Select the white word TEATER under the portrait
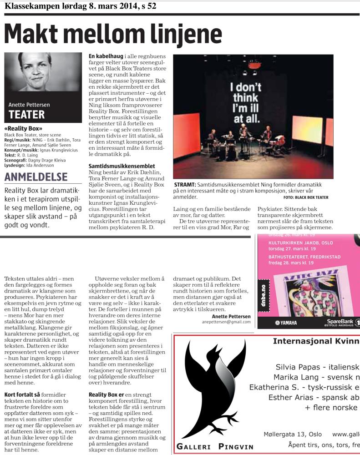point(27,114)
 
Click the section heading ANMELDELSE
point(36,177)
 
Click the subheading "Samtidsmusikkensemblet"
point(122,166)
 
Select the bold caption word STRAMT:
point(185,185)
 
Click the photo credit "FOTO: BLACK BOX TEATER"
point(305,197)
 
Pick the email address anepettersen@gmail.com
point(226,322)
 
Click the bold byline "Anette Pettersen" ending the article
point(231,316)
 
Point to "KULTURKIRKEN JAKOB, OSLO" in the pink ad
point(296,243)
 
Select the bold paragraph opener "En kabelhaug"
point(106,56)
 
